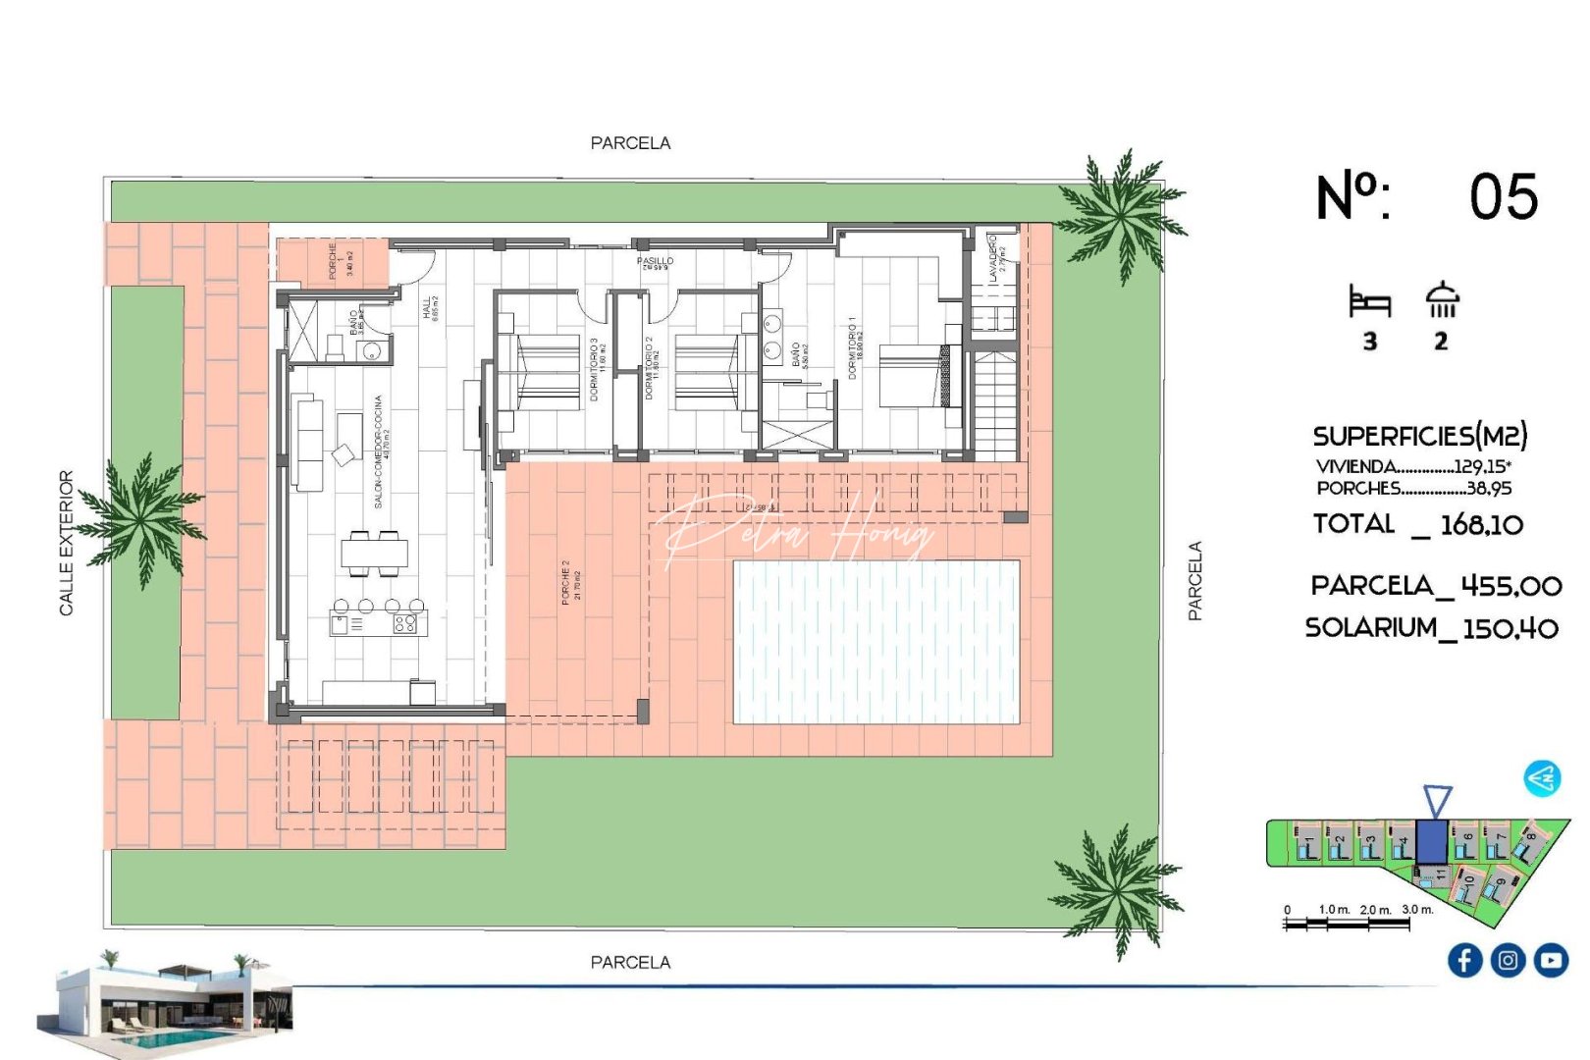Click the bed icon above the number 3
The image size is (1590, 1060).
tap(1370, 301)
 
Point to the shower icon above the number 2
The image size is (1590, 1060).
tap(1442, 299)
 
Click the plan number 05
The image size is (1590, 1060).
tap(1503, 197)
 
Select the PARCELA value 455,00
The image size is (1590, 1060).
tap(1510, 586)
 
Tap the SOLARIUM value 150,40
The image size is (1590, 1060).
tap(1510, 628)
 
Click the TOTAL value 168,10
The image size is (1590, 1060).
tap(1481, 525)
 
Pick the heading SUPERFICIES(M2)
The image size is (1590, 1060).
tap(1419, 436)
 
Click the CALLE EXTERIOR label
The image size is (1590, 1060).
tap(67, 543)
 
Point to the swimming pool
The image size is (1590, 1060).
tap(876, 642)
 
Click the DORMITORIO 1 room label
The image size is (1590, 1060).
tap(853, 347)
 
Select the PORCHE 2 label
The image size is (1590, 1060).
tap(566, 582)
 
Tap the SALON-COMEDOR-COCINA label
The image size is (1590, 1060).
tap(379, 451)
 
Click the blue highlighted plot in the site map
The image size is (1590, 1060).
tap(1431, 841)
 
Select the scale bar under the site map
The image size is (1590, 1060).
tap(1347, 922)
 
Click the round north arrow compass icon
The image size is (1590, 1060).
tap(1542, 778)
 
